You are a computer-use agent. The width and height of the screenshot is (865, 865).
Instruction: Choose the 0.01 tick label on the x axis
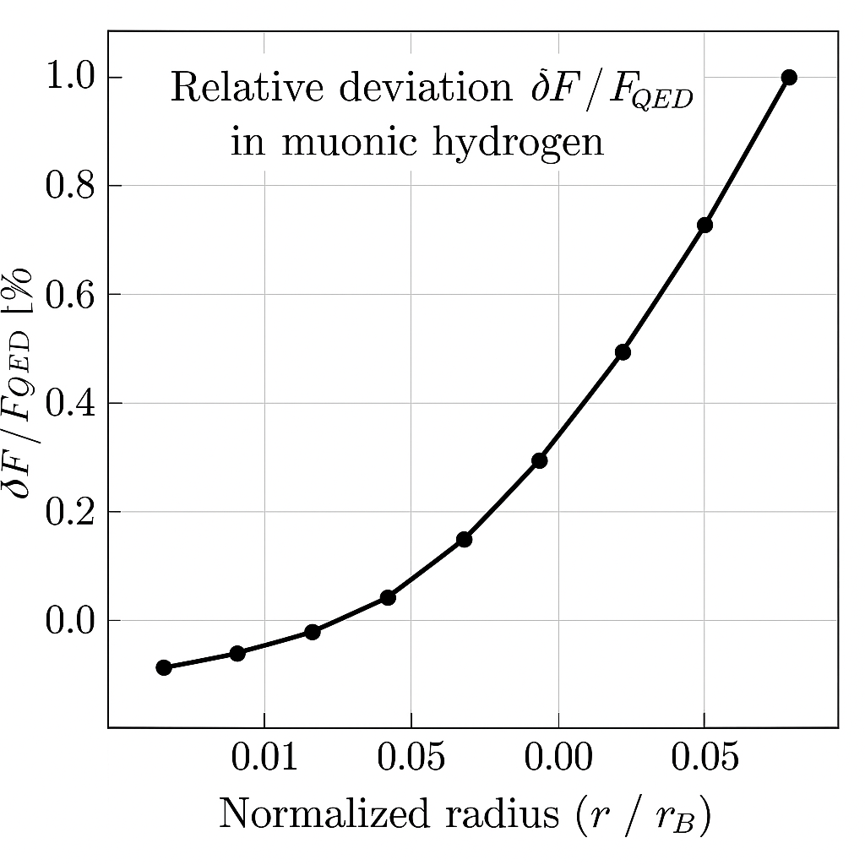pos(264,758)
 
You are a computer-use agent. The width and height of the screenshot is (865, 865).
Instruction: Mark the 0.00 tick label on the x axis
pos(558,758)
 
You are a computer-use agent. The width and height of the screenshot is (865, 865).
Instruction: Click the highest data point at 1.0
pos(789,78)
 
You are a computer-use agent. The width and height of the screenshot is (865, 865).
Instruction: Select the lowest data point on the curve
pos(164,667)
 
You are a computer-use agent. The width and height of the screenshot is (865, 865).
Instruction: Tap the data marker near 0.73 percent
pos(705,226)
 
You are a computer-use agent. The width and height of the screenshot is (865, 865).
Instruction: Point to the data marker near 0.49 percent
pos(623,352)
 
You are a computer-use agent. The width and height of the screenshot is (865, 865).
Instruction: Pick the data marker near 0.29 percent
pos(540,460)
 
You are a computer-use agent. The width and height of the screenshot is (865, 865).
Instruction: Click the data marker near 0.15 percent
pos(464,539)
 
